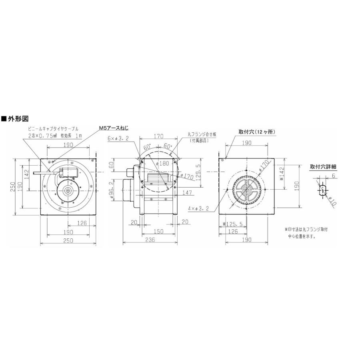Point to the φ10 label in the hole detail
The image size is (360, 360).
[x=332, y=201]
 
